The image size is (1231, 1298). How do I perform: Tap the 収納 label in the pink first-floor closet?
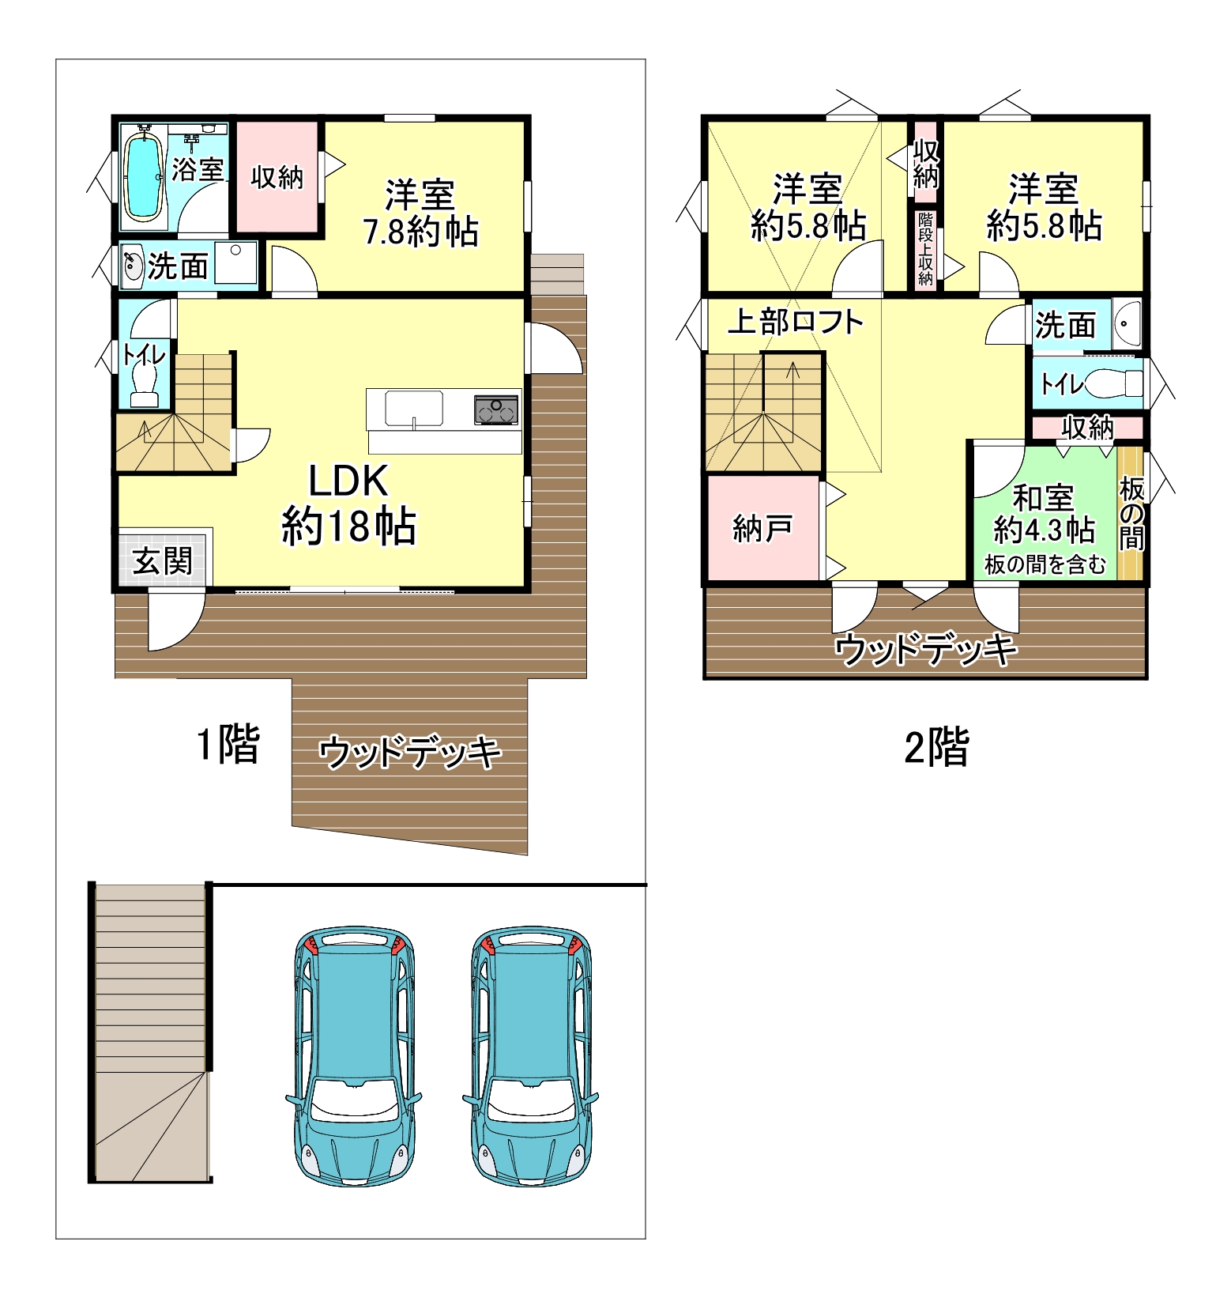pyautogui.click(x=277, y=177)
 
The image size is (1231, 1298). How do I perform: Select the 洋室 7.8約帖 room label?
pyautogui.click(x=420, y=213)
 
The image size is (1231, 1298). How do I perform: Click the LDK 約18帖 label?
pyautogui.click(x=348, y=504)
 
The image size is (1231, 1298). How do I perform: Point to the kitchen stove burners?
pyautogui.click(x=497, y=410)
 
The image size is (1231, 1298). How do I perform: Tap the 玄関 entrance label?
pyautogui.click(x=163, y=560)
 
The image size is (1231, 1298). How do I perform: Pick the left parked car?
pyautogui.click(x=352, y=1057)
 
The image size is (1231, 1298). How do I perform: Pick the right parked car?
pyautogui.click(x=530, y=1057)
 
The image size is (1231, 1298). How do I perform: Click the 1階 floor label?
pyautogui.click(x=228, y=744)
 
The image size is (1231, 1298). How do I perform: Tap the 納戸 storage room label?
pyautogui.click(x=762, y=528)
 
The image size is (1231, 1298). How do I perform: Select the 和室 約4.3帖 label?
pyautogui.click(x=1044, y=514)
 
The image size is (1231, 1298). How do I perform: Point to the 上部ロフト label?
pyautogui.click(x=796, y=322)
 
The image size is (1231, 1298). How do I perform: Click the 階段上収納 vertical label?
pyautogui.click(x=925, y=248)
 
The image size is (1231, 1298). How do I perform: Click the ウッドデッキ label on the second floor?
pyautogui.click(x=926, y=650)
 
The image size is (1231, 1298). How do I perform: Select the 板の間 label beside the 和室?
pyautogui.click(x=1131, y=515)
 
